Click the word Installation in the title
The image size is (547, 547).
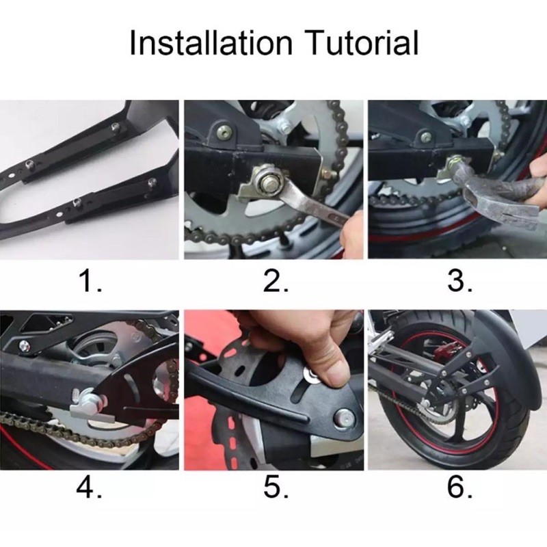211,43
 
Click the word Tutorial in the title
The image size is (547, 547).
363,43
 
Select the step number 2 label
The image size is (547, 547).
276,281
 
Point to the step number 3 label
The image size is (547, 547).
459,281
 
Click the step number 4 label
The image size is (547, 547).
90,487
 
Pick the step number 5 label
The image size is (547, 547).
276,487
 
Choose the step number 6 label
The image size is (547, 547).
459,487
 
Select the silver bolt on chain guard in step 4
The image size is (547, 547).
24,346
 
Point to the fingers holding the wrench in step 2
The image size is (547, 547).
350,234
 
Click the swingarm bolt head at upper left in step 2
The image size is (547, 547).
225,131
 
